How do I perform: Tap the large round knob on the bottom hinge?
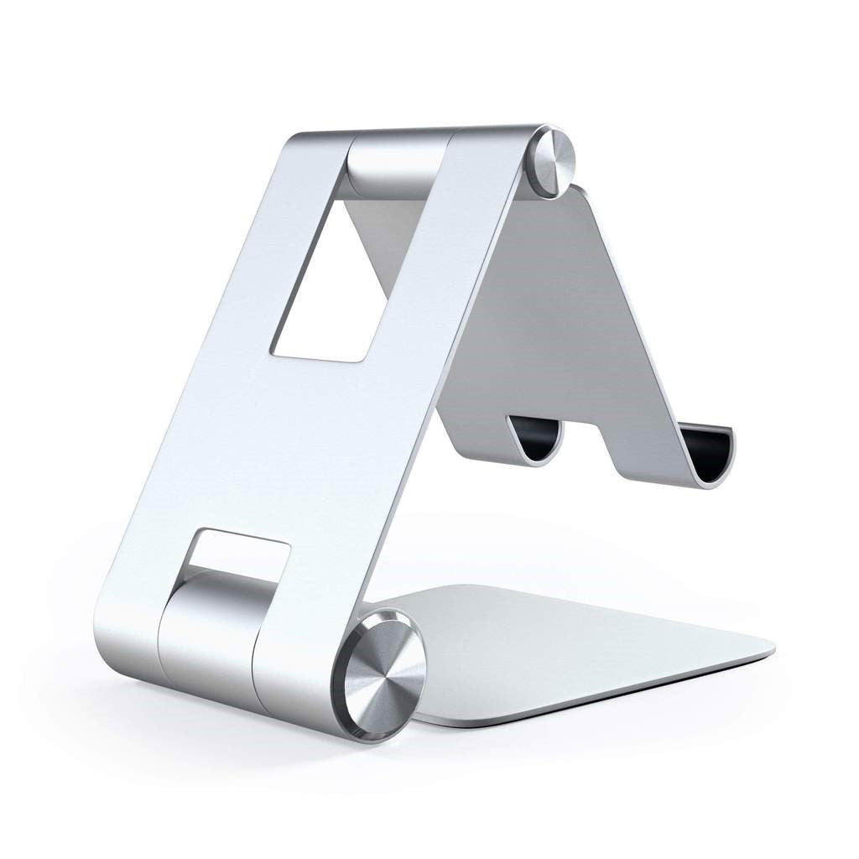(x=383, y=676)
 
